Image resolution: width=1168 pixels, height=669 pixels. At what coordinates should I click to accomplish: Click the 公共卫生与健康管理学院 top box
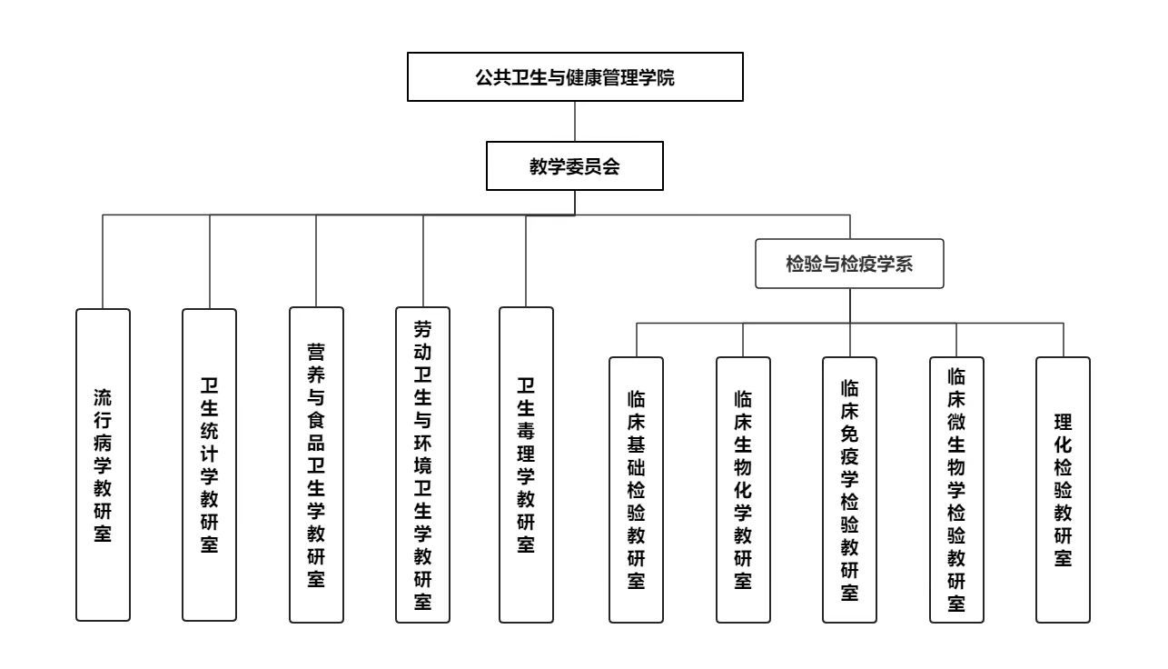coord(575,76)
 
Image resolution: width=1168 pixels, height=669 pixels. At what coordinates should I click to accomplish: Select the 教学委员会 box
coord(575,165)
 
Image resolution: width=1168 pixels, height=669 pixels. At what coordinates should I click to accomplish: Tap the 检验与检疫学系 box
coord(849,264)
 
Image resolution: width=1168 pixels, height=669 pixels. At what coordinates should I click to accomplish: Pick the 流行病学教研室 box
coord(103,464)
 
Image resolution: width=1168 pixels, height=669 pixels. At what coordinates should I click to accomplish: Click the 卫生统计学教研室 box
coord(210,464)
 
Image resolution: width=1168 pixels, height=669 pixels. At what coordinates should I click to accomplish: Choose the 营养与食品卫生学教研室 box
coord(316,464)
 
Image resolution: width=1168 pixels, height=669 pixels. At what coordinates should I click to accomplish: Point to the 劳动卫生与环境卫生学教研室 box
coord(423,464)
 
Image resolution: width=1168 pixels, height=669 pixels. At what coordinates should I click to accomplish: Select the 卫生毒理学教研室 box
coord(526,464)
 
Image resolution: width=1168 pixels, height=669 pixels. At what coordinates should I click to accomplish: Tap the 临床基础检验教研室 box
coord(636,489)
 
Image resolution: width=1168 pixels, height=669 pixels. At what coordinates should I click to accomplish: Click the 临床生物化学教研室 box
coord(743,489)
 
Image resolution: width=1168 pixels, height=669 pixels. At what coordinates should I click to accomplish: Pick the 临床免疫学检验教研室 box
coord(850,489)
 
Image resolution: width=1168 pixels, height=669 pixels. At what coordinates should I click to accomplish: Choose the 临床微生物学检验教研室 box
coord(956,489)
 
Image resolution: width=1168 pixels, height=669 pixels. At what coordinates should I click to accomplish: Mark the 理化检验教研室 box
coord(1063,489)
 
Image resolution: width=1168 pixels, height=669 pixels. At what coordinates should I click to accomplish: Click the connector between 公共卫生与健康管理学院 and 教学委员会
coord(575,120)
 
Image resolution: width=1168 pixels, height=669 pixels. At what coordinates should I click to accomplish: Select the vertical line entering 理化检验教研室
coord(1063,340)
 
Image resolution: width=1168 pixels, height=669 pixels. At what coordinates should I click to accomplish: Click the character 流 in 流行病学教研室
coord(103,398)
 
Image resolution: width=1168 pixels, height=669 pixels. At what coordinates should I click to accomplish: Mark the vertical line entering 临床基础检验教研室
coord(636,340)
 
